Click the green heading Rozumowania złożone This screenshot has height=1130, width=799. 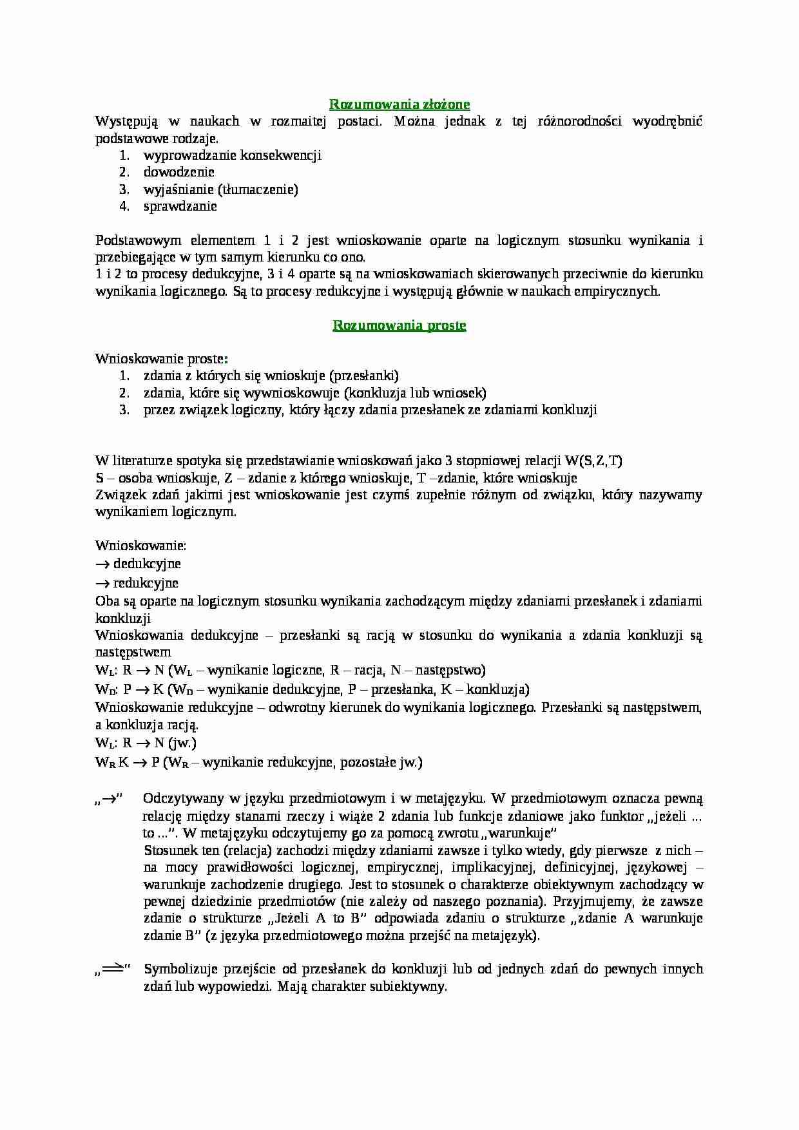pos(400,104)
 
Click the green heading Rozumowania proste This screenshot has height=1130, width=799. pos(400,325)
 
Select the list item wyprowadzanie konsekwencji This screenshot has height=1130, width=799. pos(233,155)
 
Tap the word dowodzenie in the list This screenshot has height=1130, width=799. pos(179,172)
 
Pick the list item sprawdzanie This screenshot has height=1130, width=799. pos(180,206)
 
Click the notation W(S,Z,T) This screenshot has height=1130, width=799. pos(593,461)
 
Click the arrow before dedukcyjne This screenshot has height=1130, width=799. pos(102,564)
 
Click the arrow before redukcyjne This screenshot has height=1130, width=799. pos(102,583)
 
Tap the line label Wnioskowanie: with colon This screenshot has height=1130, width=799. pos(140,545)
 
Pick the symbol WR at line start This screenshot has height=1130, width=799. pos(105,763)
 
